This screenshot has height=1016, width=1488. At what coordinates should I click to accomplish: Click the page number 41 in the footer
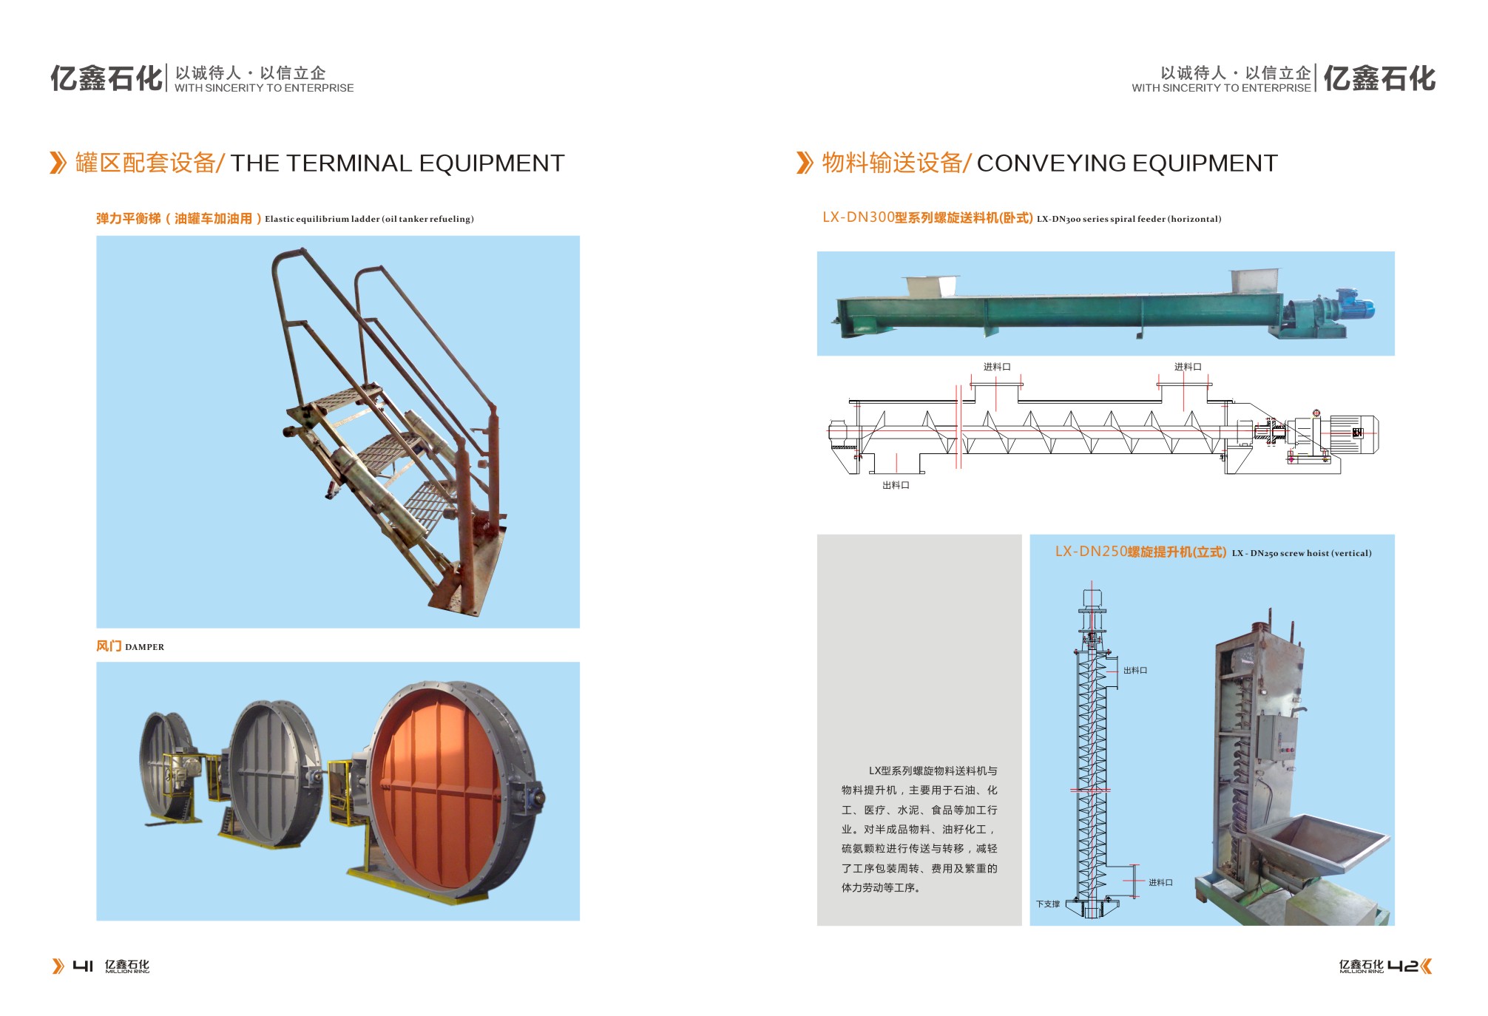(x=83, y=966)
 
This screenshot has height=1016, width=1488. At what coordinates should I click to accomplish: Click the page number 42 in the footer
(x=1402, y=966)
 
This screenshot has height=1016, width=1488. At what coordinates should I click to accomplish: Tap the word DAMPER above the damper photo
(x=145, y=647)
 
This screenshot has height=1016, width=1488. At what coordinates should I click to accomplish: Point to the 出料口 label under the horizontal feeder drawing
(x=896, y=485)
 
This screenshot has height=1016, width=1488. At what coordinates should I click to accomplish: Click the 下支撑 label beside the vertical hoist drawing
(x=1048, y=904)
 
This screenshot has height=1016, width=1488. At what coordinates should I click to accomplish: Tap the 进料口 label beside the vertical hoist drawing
(x=1160, y=882)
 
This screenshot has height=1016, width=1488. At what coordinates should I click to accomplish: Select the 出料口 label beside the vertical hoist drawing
(x=1135, y=671)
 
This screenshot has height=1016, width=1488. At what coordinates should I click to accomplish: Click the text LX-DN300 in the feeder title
(x=858, y=217)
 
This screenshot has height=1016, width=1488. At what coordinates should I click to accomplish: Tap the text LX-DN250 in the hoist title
(x=1091, y=552)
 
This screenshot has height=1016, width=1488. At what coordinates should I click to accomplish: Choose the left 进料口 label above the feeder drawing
(x=997, y=367)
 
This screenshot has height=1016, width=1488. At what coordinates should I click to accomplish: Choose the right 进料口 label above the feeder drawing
(x=1188, y=367)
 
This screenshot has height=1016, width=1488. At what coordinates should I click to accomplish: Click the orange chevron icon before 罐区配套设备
(x=58, y=163)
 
